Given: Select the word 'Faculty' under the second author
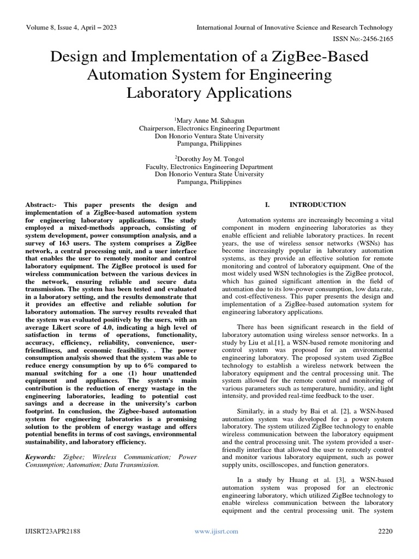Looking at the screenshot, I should (x=157, y=166).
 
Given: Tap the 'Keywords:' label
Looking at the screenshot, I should (x=40, y=456).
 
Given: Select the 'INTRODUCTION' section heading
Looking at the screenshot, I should (x=317, y=205).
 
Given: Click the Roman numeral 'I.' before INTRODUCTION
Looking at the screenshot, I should (x=267, y=205).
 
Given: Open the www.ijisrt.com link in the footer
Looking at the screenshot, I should (x=217, y=531).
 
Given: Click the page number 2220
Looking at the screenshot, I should (x=385, y=531).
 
